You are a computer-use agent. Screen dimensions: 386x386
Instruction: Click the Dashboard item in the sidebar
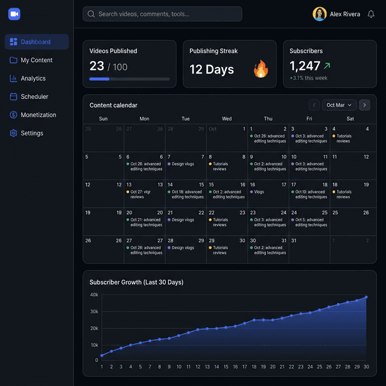pos(36,42)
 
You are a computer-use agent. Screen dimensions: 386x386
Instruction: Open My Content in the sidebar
pos(36,60)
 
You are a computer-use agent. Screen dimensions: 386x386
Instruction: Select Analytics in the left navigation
pos(33,78)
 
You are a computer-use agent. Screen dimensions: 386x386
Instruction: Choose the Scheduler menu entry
pos(34,96)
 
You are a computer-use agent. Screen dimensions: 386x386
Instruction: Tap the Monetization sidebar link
pos(38,115)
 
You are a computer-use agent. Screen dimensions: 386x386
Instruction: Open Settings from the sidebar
pos(31,133)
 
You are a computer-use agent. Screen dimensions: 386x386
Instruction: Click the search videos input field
pos(163,14)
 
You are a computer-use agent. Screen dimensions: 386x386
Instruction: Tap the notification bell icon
pos(371,14)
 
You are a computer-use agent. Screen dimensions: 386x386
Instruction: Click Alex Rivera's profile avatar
pos(320,14)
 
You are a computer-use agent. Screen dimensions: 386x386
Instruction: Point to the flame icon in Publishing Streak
pos(261,69)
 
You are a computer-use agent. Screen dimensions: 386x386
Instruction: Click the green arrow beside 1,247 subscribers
pos(327,66)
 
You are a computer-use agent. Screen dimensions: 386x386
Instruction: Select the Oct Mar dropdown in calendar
pos(339,105)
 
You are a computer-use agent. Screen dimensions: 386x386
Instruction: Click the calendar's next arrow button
pos(364,105)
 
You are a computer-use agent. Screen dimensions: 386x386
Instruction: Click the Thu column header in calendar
pos(268,119)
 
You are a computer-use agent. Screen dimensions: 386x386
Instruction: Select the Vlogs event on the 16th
pos(259,192)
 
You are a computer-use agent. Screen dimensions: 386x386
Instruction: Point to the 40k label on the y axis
pos(94,295)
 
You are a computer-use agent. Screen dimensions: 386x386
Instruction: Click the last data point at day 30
pos(366,297)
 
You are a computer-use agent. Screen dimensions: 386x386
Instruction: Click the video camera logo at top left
pos(14,14)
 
